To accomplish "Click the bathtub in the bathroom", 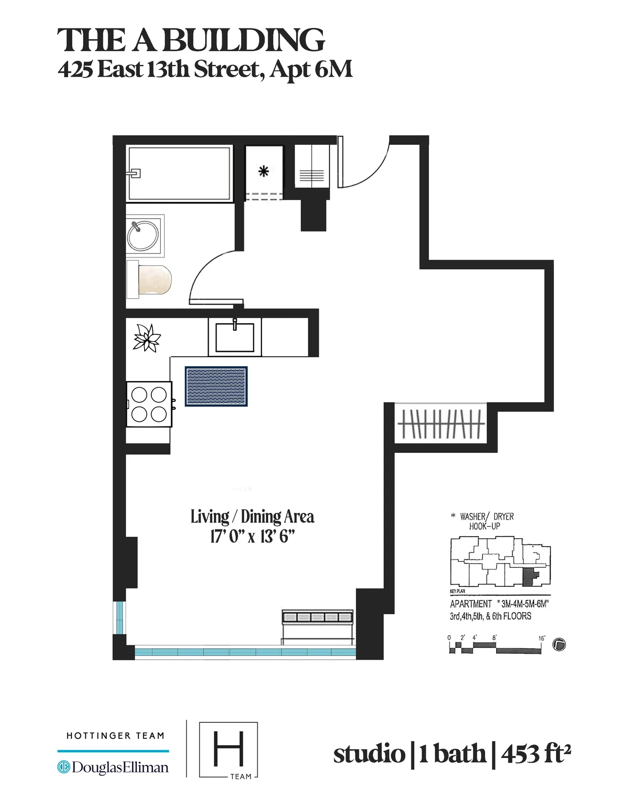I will (x=179, y=174).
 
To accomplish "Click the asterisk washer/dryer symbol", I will (x=263, y=172).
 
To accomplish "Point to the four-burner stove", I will (x=149, y=404).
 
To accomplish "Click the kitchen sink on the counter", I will (x=235, y=337).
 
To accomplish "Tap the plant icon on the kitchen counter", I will (x=147, y=339).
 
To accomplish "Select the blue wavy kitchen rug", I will (x=216, y=386).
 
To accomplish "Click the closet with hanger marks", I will (x=442, y=424).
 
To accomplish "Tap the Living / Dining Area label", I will (x=252, y=517).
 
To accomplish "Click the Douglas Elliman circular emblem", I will (x=64, y=767).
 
